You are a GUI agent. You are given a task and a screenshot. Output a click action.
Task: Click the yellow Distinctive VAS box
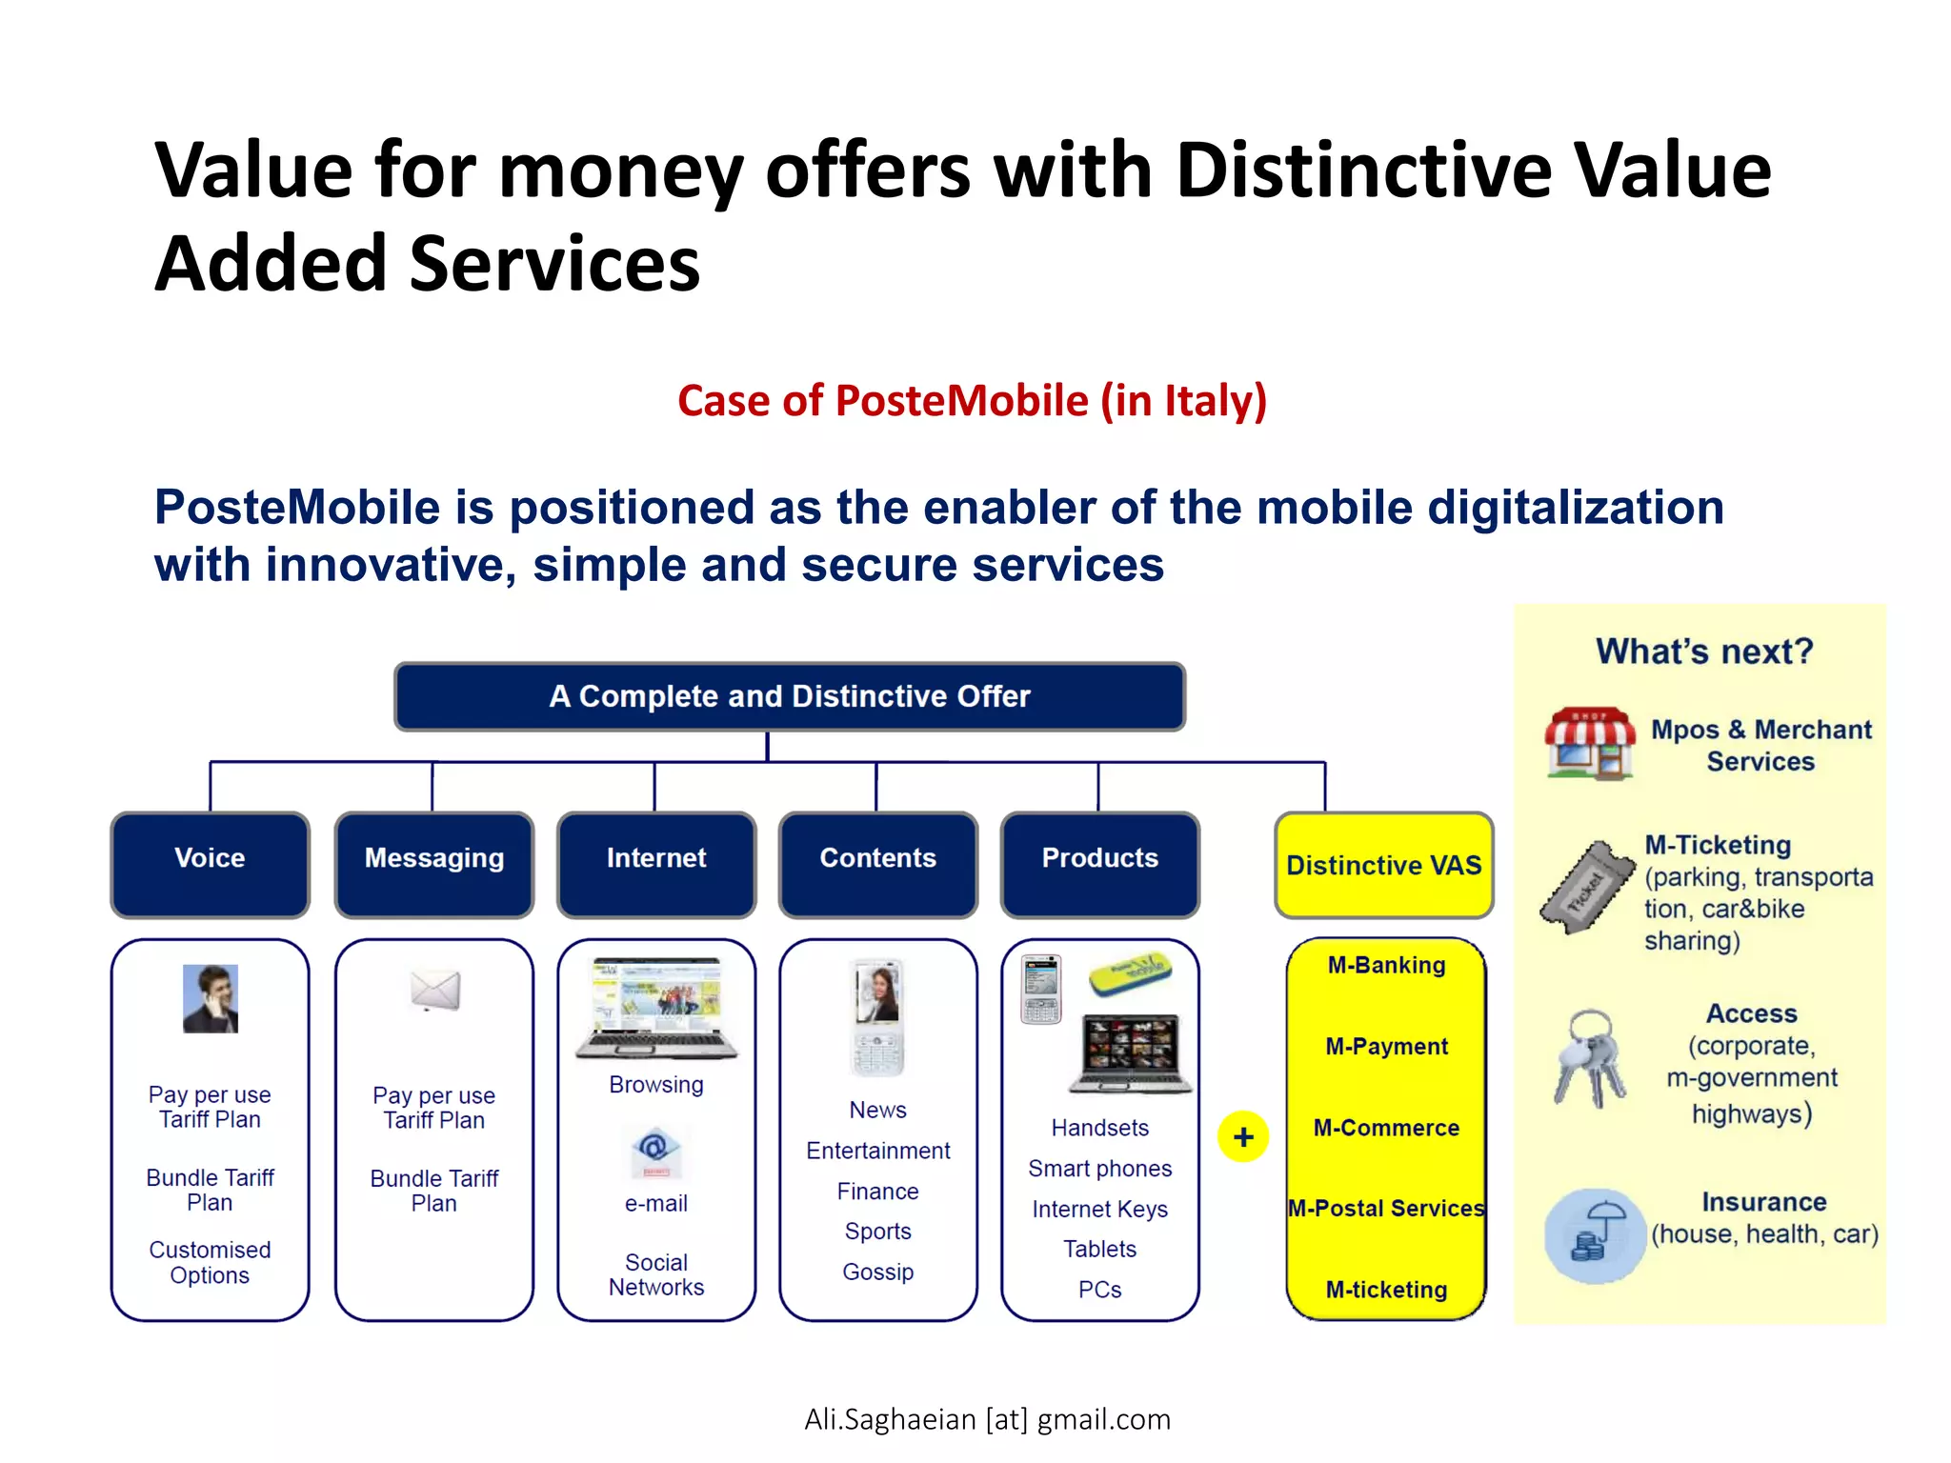point(1383,865)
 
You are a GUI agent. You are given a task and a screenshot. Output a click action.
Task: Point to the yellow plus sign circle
point(1243,1136)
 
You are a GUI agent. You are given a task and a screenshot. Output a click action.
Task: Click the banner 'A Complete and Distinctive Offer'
point(790,696)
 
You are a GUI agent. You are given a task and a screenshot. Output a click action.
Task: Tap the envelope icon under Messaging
point(435,991)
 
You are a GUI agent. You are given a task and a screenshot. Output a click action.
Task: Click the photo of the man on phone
point(211,998)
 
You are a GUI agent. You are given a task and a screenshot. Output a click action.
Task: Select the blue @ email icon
point(654,1152)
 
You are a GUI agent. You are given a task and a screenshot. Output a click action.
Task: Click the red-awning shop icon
point(1589,743)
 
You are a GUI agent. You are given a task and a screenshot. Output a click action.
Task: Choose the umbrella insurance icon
point(1594,1234)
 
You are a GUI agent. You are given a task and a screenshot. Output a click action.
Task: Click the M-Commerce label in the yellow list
point(1386,1128)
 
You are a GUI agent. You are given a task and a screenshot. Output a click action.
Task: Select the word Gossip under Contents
point(877,1272)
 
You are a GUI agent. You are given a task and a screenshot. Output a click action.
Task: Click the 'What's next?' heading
point(1704,651)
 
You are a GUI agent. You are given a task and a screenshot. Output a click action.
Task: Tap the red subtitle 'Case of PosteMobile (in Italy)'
point(972,400)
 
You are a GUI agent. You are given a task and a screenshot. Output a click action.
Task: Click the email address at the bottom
point(987,1419)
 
